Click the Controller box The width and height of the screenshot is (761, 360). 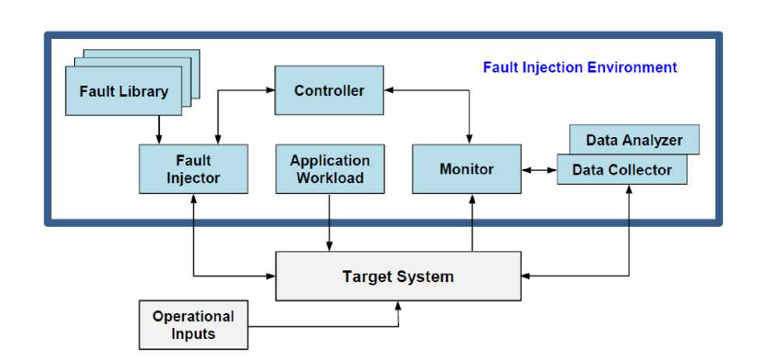328,90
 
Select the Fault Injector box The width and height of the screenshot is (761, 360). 193,168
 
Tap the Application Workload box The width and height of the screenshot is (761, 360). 330,168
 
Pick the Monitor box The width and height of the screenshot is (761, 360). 466,168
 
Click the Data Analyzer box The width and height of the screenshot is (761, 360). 634,140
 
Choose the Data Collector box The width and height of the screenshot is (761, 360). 621,170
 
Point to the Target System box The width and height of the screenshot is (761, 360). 398,276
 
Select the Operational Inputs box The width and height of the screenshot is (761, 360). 193,325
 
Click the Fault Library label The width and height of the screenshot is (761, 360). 123,91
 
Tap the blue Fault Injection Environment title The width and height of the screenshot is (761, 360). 579,67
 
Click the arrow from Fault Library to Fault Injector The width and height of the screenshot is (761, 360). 159,129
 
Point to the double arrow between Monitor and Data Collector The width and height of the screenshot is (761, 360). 539,168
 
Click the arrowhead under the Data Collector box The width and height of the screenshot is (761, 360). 628,189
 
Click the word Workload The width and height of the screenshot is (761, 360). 330,178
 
